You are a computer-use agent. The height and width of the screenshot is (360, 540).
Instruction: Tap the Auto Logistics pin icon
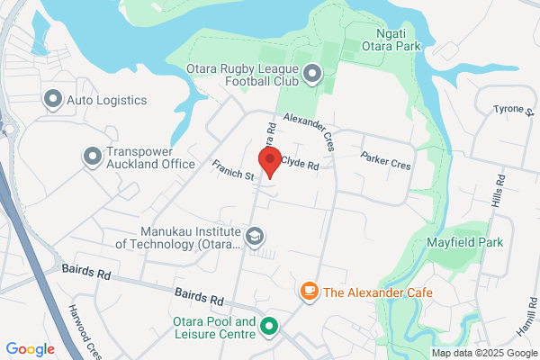pyautogui.click(x=52, y=98)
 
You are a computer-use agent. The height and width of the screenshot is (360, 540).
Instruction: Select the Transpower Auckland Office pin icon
pyautogui.click(x=93, y=157)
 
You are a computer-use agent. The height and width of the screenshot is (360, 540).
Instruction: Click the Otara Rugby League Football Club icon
pyautogui.click(x=312, y=74)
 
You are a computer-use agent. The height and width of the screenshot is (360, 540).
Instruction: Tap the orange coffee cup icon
pyautogui.click(x=309, y=292)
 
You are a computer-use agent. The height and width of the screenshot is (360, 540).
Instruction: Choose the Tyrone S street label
pyautogui.click(x=513, y=110)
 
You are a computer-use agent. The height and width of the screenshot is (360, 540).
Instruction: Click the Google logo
pyautogui.click(x=30, y=349)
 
